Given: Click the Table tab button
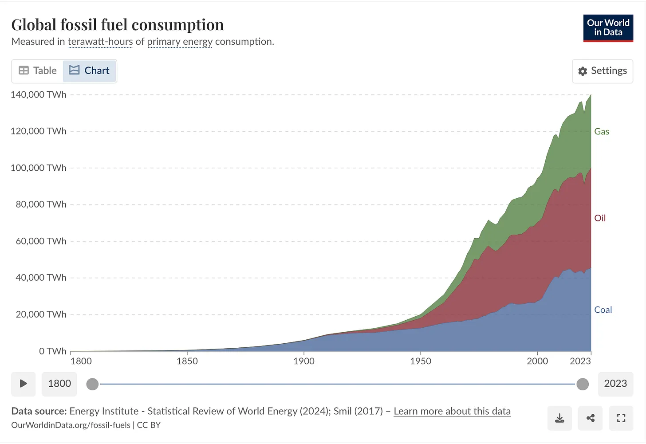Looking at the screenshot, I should [x=38, y=71].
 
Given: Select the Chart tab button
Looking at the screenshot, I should [x=90, y=71].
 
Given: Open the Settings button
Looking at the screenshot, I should [x=603, y=71].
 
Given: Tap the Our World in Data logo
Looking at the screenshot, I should [x=608, y=28].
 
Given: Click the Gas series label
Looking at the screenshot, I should [x=602, y=132].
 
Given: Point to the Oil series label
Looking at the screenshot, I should [x=600, y=218].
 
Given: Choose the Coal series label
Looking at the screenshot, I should [x=603, y=310].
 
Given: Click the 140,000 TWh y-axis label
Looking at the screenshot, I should [x=39, y=94].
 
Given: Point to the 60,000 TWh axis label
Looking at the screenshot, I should [x=41, y=241].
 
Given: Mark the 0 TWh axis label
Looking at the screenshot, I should [x=53, y=351].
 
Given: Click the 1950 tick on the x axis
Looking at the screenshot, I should [x=421, y=361].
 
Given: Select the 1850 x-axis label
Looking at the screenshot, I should [x=187, y=361].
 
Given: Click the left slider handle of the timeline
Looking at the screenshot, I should [x=92, y=384].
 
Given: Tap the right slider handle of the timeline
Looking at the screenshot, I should [x=583, y=384].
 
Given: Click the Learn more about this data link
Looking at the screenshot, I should [x=452, y=411].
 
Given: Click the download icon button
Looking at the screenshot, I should [x=559, y=418].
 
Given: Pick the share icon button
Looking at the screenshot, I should [x=591, y=418].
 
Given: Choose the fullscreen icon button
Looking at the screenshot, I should [x=621, y=418].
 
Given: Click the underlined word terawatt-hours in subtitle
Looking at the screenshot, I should [x=100, y=42].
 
